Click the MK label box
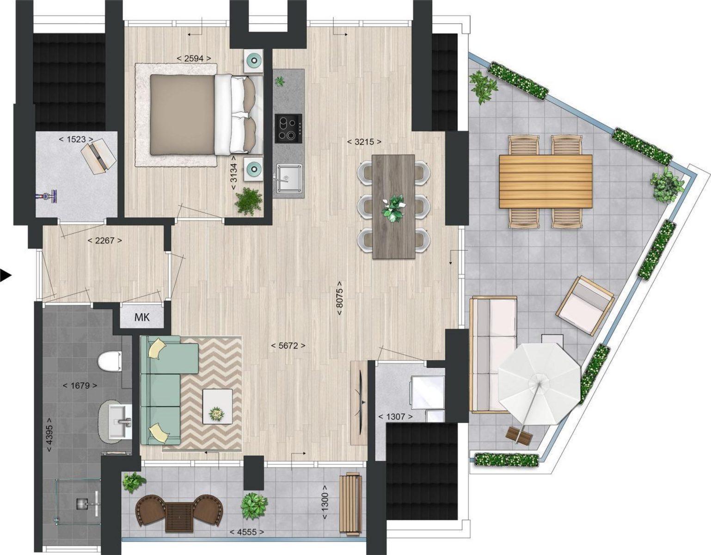(x=141, y=317)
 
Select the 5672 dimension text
(x=288, y=345)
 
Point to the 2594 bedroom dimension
(x=194, y=59)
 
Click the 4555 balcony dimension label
(x=247, y=532)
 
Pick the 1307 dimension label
(x=396, y=417)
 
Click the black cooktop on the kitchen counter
(x=288, y=128)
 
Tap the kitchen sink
(x=288, y=179)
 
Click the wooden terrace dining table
(x=546, y=181)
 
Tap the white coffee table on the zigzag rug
(x=218, y=406)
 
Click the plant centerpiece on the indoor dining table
(x=393, y=209)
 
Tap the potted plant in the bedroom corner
(x=249, y=201)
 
